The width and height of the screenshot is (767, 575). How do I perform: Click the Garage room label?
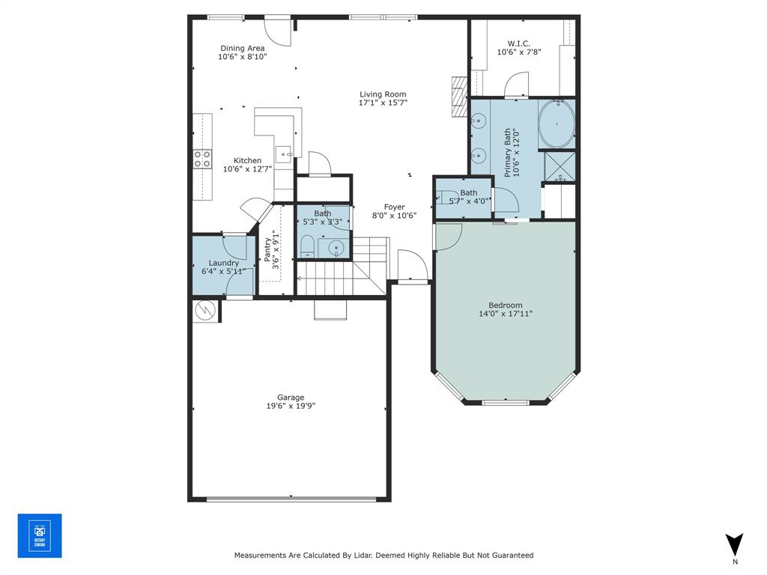tap(291, 398)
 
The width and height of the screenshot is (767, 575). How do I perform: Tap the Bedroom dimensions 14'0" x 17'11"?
tap(506, 314)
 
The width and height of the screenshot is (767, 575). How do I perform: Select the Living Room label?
tap(383, 94)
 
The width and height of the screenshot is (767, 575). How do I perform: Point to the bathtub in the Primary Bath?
tap(557, 124)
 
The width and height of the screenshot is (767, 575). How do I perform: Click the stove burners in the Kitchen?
tap(202, 159)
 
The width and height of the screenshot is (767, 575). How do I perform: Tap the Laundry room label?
tap(224, 263)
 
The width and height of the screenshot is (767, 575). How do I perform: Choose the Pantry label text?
tap(267, 249)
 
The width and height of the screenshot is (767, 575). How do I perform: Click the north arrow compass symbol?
tap(735, 544)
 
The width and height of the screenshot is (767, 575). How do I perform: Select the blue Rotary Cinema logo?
tap(40, 535)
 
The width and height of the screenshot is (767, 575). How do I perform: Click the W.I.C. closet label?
tap(519, 43)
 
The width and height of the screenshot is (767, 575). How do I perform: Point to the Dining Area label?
tap(242, 48)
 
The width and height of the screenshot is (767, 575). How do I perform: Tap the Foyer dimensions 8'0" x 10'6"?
tap(395, 216)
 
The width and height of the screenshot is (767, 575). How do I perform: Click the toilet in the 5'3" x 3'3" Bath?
tap(307, 246)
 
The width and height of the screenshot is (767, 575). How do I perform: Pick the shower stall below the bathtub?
tap(558, 166)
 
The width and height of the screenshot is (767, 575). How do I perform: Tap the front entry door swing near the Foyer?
tap(412, 266)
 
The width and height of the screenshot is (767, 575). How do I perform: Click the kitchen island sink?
tap(285, 155)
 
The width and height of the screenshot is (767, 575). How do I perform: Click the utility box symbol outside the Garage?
tap(204, 310)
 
